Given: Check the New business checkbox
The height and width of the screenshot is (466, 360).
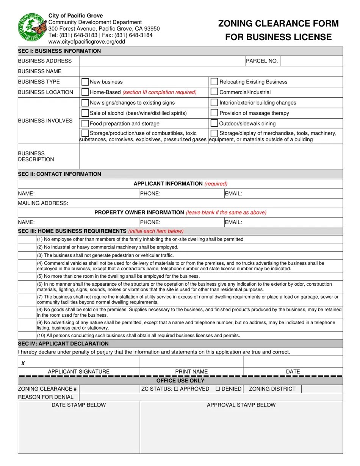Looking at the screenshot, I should [85, 82].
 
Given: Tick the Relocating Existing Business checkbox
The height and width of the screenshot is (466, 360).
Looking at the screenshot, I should [214, 82].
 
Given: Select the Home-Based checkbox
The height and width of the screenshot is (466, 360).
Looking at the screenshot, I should [85, 92].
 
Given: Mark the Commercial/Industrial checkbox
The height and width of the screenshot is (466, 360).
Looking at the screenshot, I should [214, 92].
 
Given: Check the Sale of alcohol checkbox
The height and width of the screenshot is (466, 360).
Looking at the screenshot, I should [85, 113].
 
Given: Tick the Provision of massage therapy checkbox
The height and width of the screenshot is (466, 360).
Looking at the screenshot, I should [214, 113].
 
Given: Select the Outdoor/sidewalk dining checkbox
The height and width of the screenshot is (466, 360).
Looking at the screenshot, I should [214, 124].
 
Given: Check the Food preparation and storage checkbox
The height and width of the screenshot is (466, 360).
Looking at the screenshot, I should [85, 124].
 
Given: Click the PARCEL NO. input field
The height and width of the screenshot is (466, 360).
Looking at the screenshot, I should [311, 61].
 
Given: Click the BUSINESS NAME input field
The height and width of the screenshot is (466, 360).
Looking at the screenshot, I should [210, 71].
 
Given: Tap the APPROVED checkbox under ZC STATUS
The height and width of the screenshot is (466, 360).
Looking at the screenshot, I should [176, 389].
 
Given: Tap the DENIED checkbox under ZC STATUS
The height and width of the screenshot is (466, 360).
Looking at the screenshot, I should [218, 389].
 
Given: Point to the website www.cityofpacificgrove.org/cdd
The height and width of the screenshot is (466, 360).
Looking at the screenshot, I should [86, 42].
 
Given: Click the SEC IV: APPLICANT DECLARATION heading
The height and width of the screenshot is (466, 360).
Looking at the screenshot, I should [63, 344].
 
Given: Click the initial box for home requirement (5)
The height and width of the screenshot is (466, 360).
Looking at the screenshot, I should [27, 276].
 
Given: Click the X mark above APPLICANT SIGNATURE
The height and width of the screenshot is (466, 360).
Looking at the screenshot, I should [23, 363].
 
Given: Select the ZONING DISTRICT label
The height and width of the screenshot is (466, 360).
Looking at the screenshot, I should [272, 389].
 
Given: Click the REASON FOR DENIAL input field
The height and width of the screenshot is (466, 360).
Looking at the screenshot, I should [210, 397].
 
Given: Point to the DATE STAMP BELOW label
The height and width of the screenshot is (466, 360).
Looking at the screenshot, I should [79, 405].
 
